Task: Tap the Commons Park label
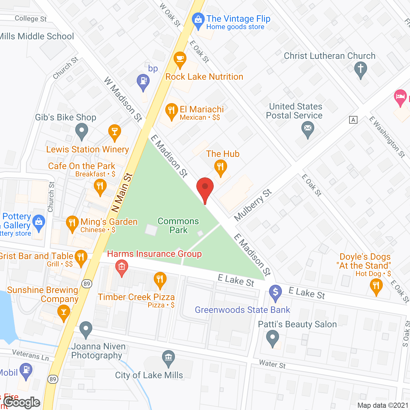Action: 178,225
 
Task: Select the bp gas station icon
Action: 143,81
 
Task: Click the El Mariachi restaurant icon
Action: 171,111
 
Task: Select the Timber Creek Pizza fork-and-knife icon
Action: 160,279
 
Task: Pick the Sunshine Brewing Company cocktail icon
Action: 64,312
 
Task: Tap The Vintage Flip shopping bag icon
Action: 198,20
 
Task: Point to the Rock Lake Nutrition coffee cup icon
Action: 180,59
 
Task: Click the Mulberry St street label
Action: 253,205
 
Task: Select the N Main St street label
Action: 122,193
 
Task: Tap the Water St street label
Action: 272,364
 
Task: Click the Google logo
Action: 22,402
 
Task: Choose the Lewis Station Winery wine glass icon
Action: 114,132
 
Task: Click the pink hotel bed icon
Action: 400,96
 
